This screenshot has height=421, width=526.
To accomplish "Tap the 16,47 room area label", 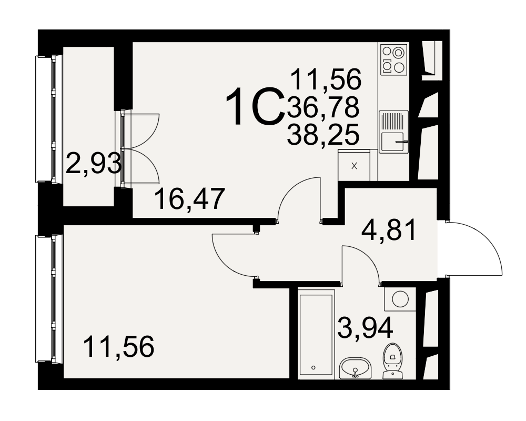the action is (x=190, y=199).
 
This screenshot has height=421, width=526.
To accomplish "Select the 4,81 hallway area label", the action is (x=389, y=229).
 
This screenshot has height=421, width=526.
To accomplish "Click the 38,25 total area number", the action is (x=323, y=135).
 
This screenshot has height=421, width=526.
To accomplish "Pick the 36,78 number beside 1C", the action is (x=323, y=107).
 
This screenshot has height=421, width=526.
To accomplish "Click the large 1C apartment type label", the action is (x=254, y=106).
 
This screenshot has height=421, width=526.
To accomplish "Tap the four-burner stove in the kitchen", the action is (x=394, y=60).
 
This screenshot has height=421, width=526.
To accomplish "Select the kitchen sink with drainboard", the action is (x=394, y=132).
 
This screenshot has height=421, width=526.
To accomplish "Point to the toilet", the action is (x=393, y=361).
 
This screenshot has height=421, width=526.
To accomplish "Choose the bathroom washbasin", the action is (x=355, y=368).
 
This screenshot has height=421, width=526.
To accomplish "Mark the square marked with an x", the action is (x=354, y=166).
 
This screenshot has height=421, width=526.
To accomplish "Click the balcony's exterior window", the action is (x=49, y=119).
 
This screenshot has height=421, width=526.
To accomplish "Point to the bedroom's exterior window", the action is (x=49, y=299).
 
